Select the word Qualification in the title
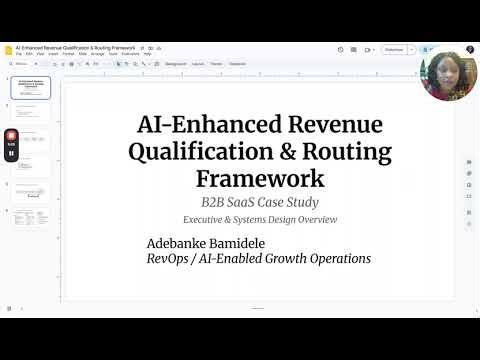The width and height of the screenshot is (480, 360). [192, 154]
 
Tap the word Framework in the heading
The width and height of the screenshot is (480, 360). [260, 179]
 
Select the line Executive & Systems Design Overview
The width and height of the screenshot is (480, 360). [260, 219]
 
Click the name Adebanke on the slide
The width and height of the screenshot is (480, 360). [183, 243]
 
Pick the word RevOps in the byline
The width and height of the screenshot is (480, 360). [171, 259]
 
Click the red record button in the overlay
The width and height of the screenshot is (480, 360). [11, 135]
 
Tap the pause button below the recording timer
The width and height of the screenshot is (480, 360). [11, 154]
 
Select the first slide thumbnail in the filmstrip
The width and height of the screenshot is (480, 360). [30, 87]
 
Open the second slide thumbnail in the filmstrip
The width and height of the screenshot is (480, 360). [30, 113]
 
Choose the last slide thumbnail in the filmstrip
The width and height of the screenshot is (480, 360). [30, 217]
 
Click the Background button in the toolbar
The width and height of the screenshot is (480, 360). [175, 63]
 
